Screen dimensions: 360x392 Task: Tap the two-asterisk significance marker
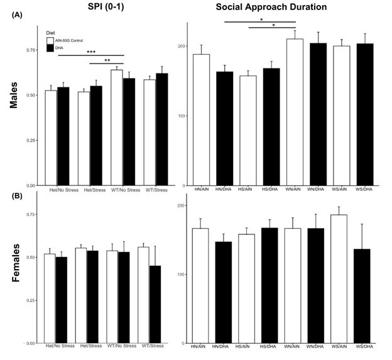[x=107, y=60]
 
